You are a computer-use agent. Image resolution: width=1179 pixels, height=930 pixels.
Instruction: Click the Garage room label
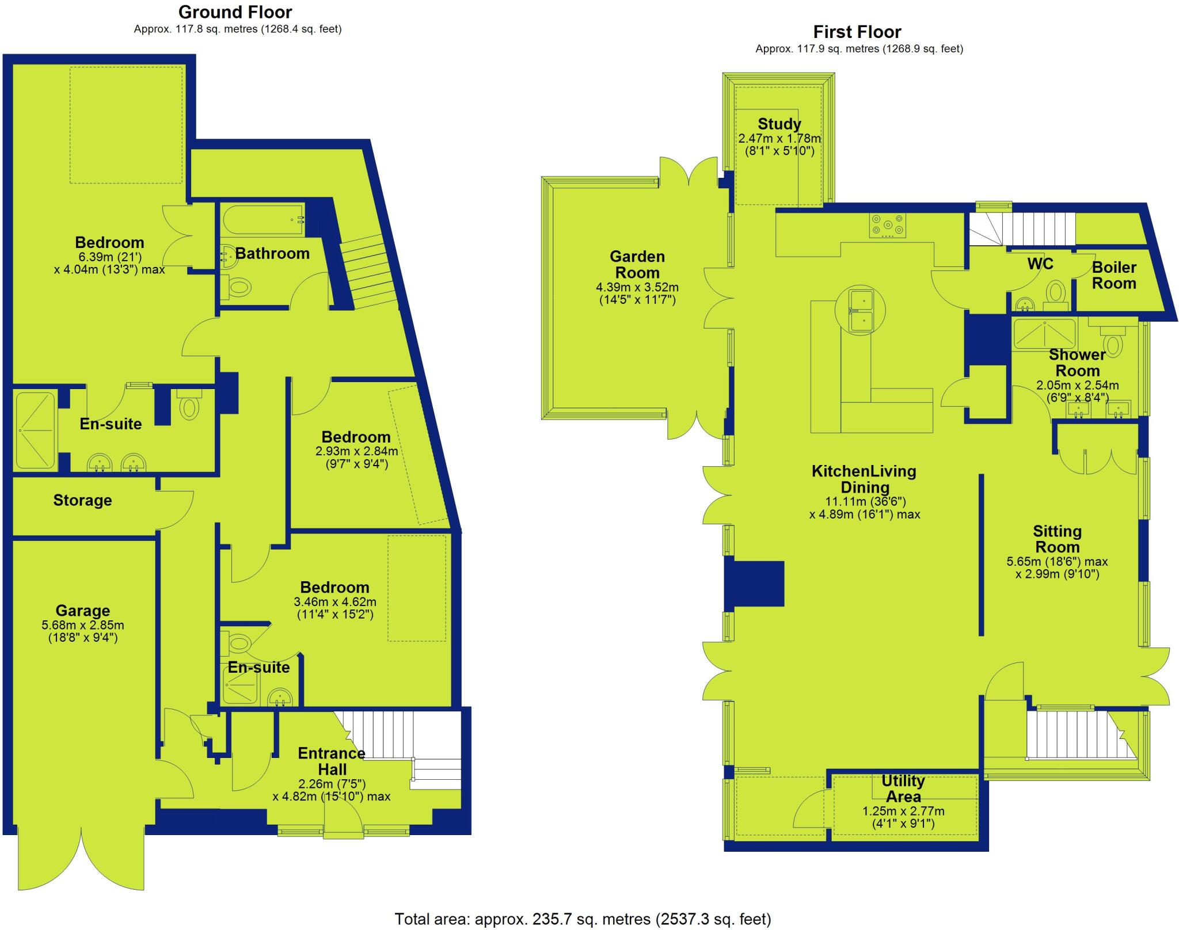point(82,611)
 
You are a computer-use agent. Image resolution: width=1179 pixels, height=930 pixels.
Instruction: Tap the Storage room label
point(82,500)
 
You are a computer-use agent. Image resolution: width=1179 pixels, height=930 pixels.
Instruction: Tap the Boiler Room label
point(1114,275)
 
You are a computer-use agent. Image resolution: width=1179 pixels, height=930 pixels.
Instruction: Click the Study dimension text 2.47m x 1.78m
point(779,139)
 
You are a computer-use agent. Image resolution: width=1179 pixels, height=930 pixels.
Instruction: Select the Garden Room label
point(637,265)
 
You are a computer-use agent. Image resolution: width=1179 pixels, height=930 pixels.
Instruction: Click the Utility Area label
point(903,789)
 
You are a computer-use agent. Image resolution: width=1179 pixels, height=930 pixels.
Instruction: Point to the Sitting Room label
point(1057,539)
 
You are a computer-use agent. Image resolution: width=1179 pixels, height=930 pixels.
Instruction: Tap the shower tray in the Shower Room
point(1044,334)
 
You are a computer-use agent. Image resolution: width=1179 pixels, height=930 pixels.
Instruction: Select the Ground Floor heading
point(235,12)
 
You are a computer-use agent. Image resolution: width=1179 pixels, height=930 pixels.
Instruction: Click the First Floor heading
point(857,32)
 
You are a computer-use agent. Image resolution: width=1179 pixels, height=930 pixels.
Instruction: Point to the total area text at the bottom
point(582,919)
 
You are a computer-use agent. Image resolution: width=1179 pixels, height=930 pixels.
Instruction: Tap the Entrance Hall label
point(332,761)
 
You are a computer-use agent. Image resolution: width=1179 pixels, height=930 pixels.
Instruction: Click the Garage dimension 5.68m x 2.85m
point(83,626)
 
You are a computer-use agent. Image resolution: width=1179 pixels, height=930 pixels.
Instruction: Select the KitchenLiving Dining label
point(864,479)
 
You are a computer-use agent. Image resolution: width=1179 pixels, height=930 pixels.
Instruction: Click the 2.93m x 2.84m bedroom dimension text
point(356,451)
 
